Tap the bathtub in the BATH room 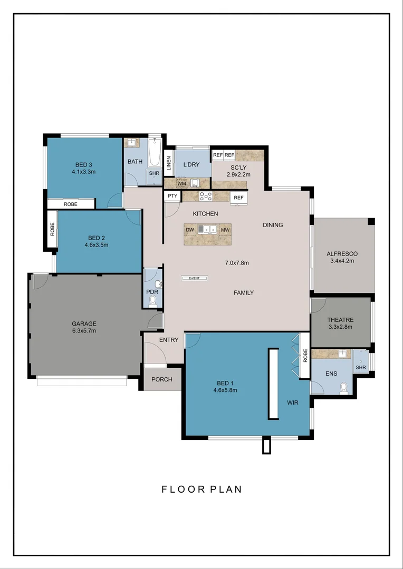click(x=154, y=152)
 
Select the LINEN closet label click(x=169, y=162)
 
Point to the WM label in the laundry click(x=181, y=183)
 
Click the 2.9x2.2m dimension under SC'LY click(x=238, y=174)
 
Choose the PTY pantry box click(x=172, y=196)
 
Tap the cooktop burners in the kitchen click(x=205, y=197)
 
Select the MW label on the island click(x=225, y=230)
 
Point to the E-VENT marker click(x=195, y=278)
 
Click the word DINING click(x=273, y=225)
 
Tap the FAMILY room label click(x=244, y=292)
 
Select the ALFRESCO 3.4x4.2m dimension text click(x=342, y=260)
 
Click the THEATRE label click(x=340, y=320)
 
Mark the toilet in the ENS click(x=344, y=387)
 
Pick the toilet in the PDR click(x=153, y=301)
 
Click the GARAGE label click(x=84, y=323)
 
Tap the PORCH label click(x=162, y=379)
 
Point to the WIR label click(x=293, y=402)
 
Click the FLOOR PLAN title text click(x=201, y=489)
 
